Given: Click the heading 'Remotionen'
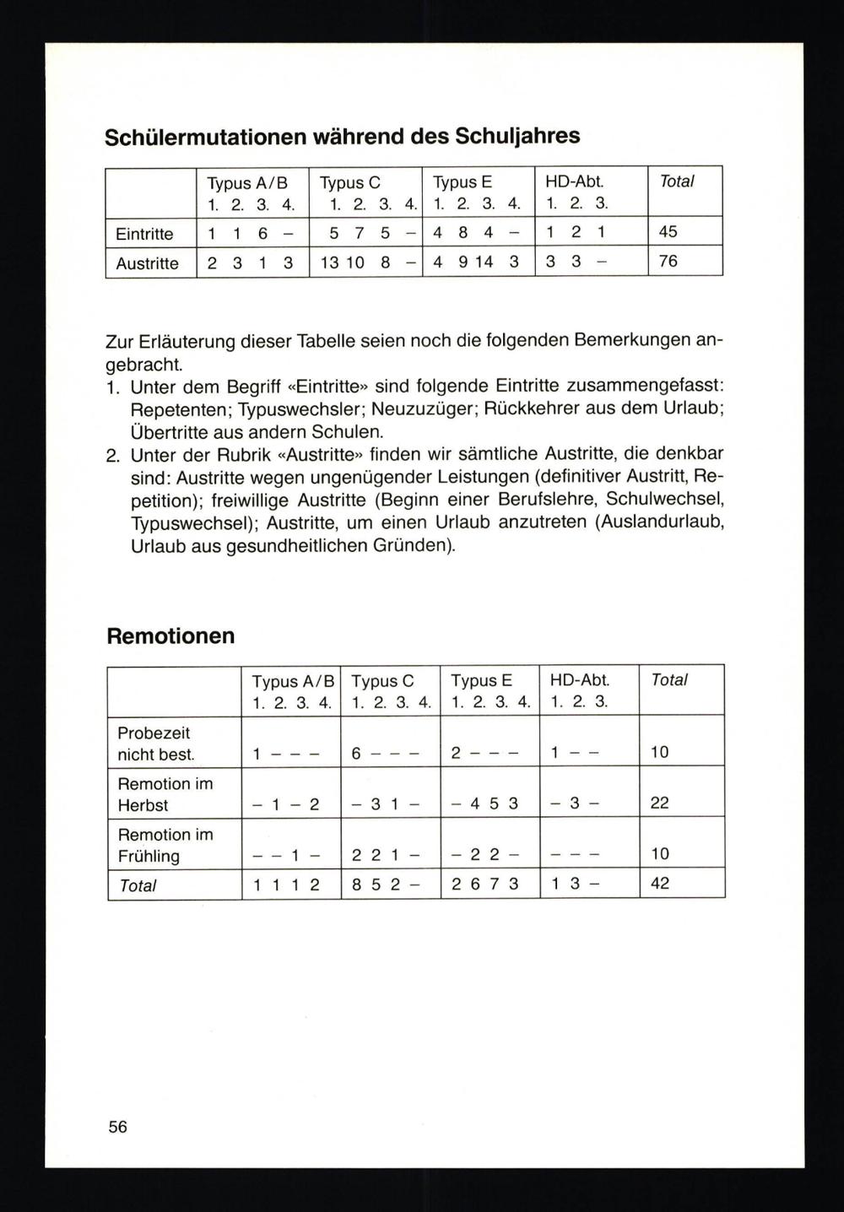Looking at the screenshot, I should [x=170, y=636].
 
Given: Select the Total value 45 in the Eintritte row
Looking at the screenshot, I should [x=668, y=231].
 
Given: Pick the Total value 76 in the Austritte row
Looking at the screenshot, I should [x=668, y=261].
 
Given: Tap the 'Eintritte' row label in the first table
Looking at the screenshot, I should [x=144, y=234].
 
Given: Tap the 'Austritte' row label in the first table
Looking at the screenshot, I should [x=147, y=263].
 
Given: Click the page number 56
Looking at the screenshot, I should [x=117, y=1126].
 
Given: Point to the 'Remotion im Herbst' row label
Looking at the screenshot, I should [x=165, y=794].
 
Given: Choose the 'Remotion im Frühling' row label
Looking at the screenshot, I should [x=165, y=845].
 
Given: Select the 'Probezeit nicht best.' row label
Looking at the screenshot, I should [x=155, y=744].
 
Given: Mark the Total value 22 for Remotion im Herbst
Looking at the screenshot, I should [x=659, y=803].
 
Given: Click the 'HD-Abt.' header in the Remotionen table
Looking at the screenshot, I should [x=580, y=679].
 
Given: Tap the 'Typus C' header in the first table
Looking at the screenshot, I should [x=350, y=182].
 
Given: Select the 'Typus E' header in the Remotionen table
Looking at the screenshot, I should [x=481, y=679].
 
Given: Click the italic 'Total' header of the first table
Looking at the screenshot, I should [x=676, y=181].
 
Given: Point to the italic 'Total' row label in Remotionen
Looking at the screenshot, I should [x=138, y=886].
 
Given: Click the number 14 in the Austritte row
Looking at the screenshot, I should [x=484, y=262].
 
